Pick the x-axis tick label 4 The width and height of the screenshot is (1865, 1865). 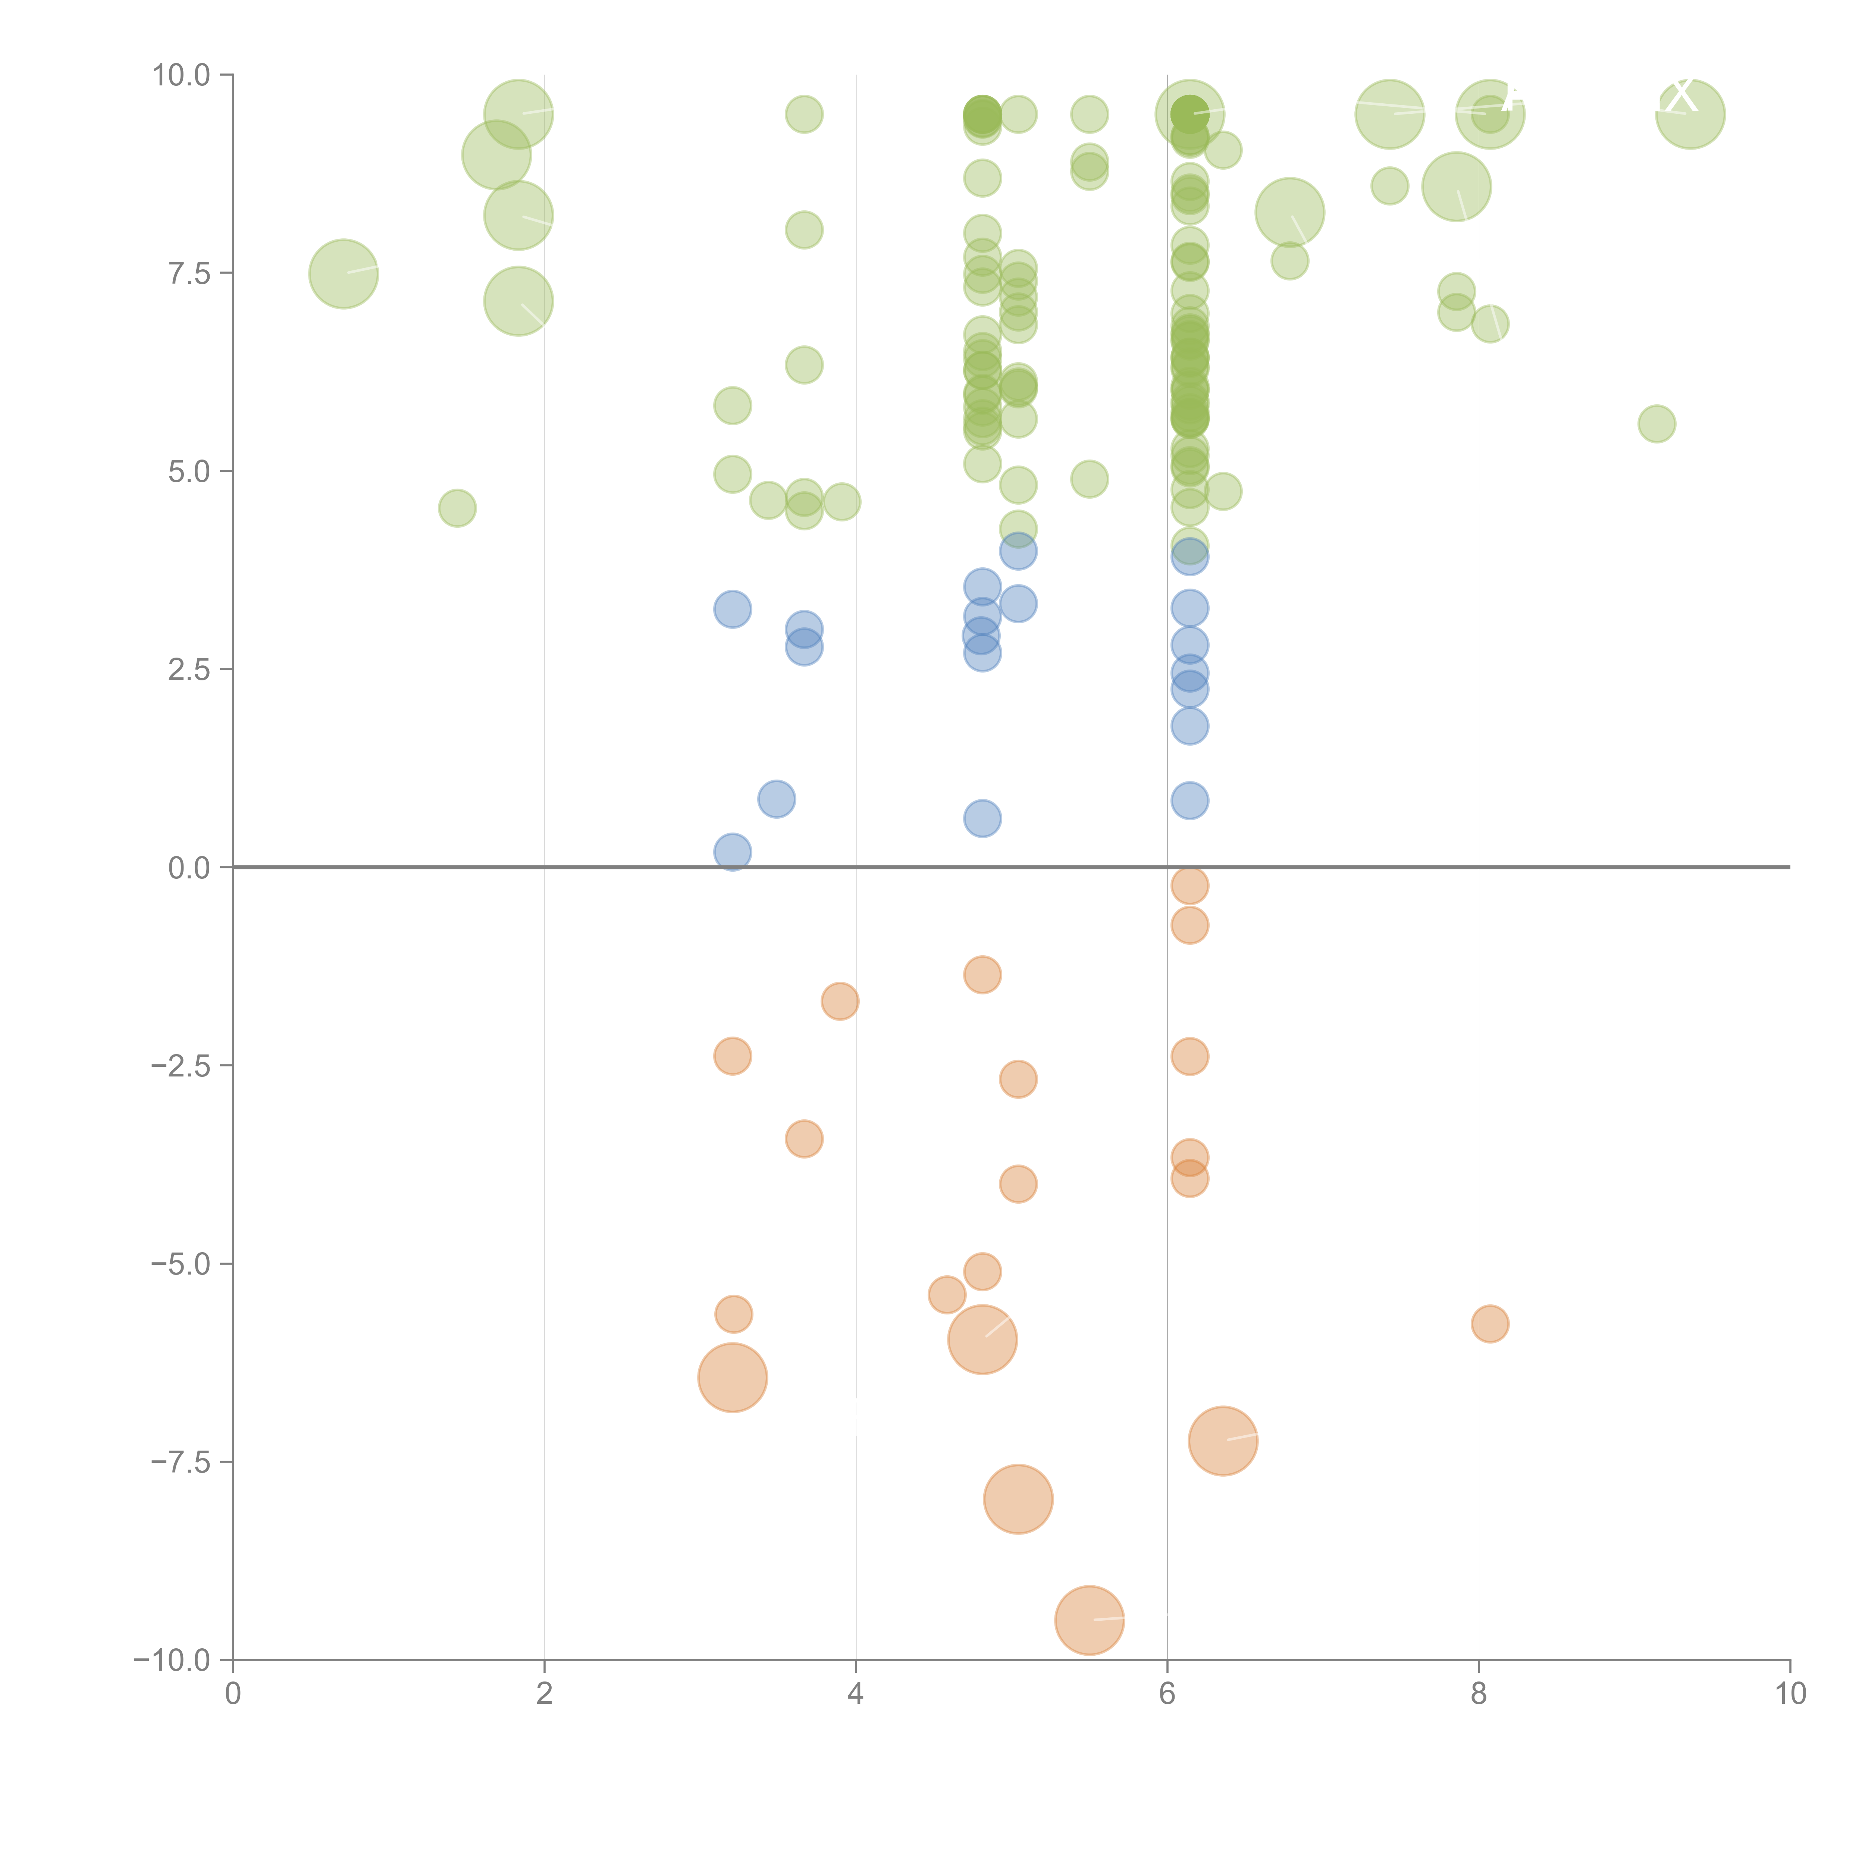(855, 1694)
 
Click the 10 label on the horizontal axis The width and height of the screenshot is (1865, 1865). (1790, 1694)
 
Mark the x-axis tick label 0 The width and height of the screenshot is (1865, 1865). (233, 1694)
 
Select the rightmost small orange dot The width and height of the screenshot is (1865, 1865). (1489, 1323)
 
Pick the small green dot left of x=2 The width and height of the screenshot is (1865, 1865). (457, 508)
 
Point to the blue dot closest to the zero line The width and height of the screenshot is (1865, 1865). (733, 852)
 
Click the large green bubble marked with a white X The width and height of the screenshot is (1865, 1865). (1689, 114)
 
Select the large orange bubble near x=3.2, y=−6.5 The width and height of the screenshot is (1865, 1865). (733, 1377)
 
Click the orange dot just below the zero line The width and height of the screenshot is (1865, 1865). (1189, 885)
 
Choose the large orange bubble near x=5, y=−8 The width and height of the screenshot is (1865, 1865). (1018, 1499)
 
